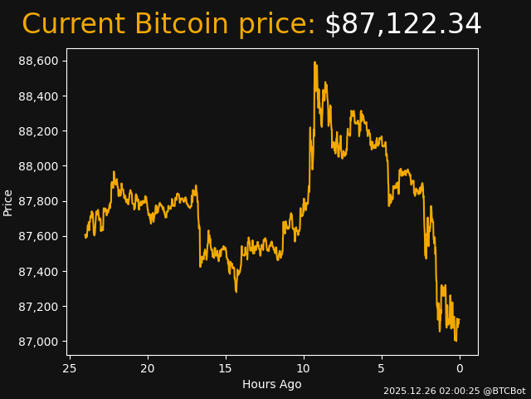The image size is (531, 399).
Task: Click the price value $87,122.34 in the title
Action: pyautogui.click(x=402, y=24)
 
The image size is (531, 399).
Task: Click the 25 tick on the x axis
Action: pyautogui.click(x=70, y=368)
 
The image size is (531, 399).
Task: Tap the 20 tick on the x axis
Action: pyautogui.click(x=148, y=368)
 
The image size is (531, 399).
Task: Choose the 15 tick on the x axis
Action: pyautogui.click(x=226, y=368)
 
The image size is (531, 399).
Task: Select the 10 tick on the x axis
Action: pyautogui.click(x=304, y=368)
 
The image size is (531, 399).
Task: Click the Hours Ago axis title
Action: pyautogui.click(x=272, y=384)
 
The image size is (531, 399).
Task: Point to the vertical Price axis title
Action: pyautogui.click(x=8, y=202)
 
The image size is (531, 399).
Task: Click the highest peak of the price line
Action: pyautogui.click(x=314, y=62)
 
